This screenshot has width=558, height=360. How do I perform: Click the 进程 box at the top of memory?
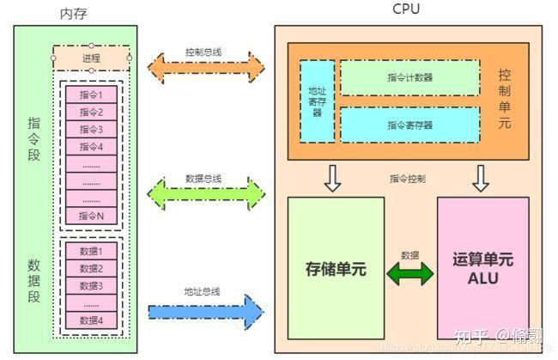(92, 58)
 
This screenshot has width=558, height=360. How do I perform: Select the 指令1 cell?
(92, 95)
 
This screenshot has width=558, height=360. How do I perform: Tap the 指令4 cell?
(92, 146)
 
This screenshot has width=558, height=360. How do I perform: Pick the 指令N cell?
(92, 216)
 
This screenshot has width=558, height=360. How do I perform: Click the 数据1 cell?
(92, 251)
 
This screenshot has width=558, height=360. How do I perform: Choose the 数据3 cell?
(92, 285)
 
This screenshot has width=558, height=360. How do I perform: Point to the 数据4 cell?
(92, 320)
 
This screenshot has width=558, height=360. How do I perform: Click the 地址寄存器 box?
(317, 101)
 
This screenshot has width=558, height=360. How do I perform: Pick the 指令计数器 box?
(409, 77)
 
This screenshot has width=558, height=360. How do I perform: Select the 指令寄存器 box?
(409, 125)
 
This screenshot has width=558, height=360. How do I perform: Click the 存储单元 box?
(336, 268)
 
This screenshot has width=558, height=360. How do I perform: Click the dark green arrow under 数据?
(411, 274)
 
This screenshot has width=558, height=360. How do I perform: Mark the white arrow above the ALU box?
(481, 178)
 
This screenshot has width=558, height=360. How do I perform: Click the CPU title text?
(406, 9)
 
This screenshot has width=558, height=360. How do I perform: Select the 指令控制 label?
(407, 179)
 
